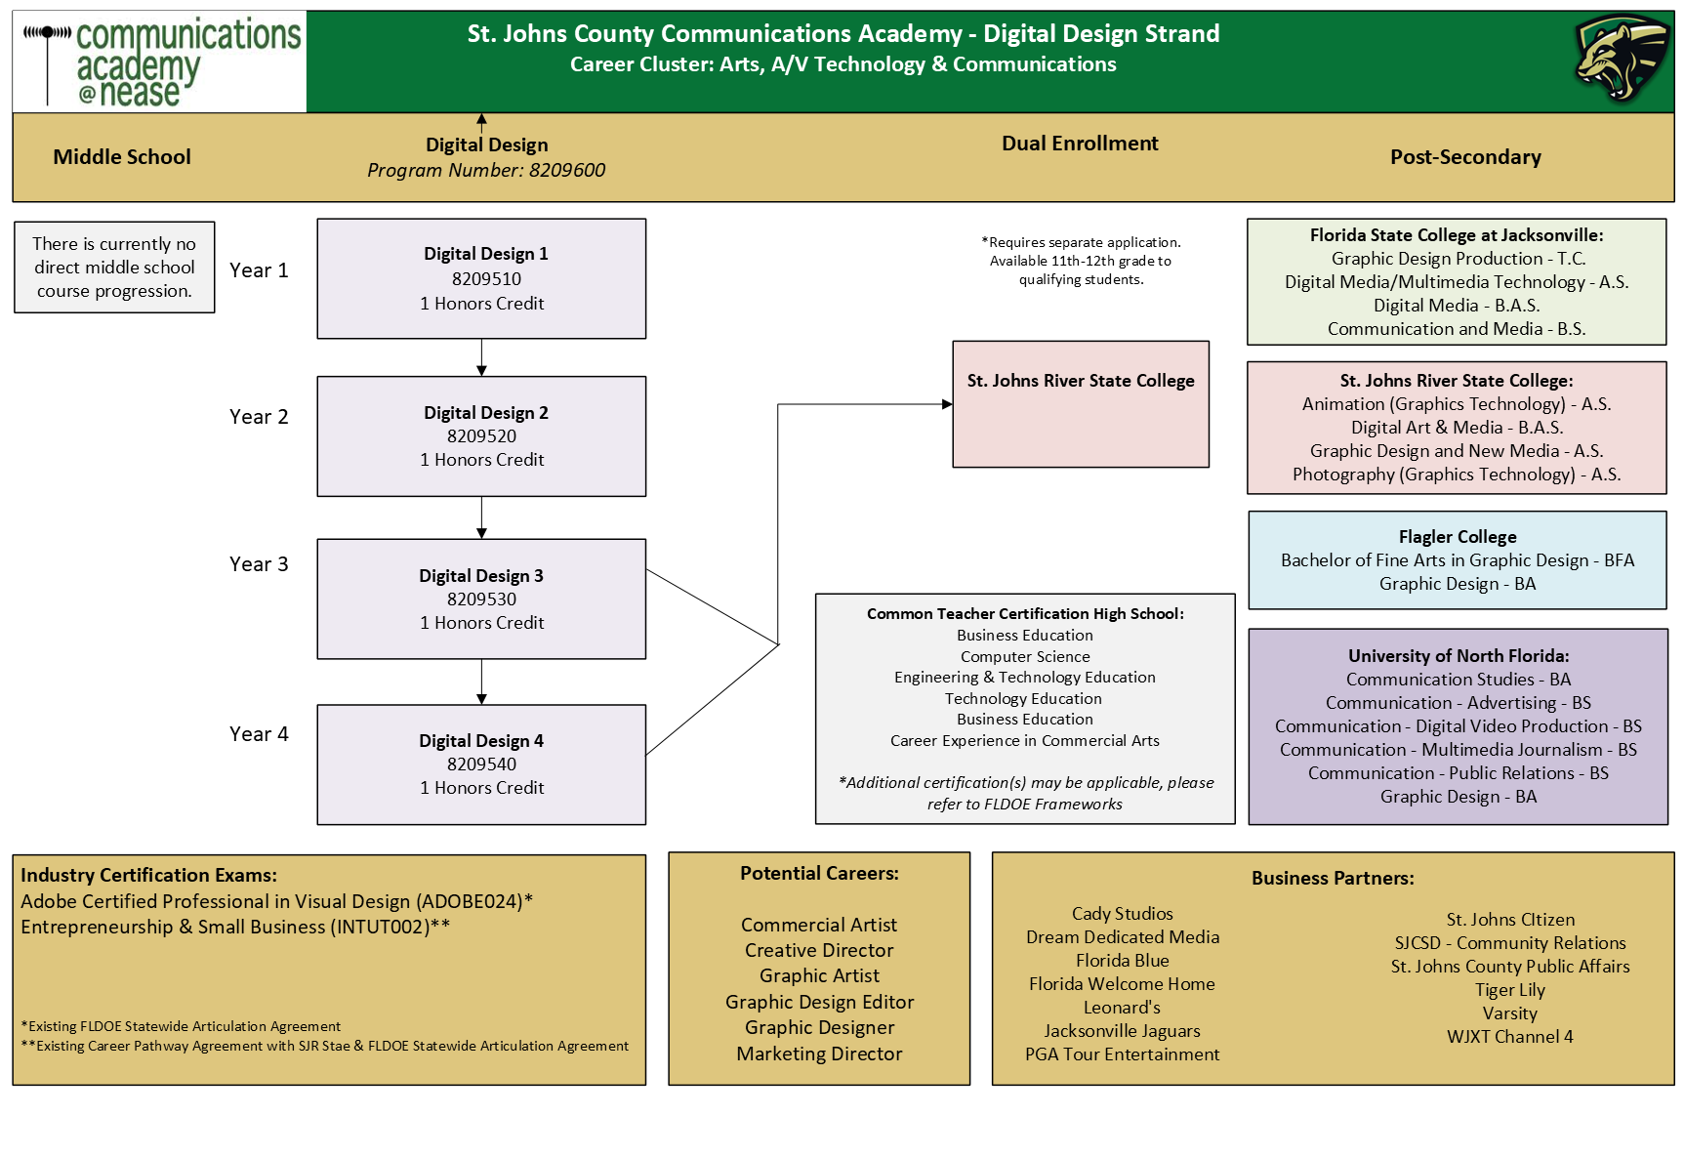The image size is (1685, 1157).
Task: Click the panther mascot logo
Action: (1622, 59)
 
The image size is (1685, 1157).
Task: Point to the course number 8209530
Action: (481, 599)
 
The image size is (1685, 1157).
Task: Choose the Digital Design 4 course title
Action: (481, 741)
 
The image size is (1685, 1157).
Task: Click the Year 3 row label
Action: (259, 564)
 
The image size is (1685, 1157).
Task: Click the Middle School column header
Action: (122, 157)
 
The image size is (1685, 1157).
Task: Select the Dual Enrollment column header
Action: (1080, 144)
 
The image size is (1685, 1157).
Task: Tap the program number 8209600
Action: (567, 170)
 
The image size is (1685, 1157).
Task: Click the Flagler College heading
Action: (1458, 537)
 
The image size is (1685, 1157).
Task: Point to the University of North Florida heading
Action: (1459, 656)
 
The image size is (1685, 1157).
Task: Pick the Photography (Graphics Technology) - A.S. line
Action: (1457, 475)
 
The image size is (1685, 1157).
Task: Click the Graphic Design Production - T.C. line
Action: (1459, 259)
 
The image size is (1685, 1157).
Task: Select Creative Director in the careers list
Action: (819, 950)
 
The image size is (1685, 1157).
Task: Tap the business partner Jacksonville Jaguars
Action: (1122, 1031)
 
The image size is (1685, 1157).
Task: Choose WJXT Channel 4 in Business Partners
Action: (1510, 1037)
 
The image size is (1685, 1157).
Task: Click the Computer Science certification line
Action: (1025, 657)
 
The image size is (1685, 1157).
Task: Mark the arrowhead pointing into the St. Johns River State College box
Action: (947, 404)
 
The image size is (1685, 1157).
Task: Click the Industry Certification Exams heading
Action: (148, 876)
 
